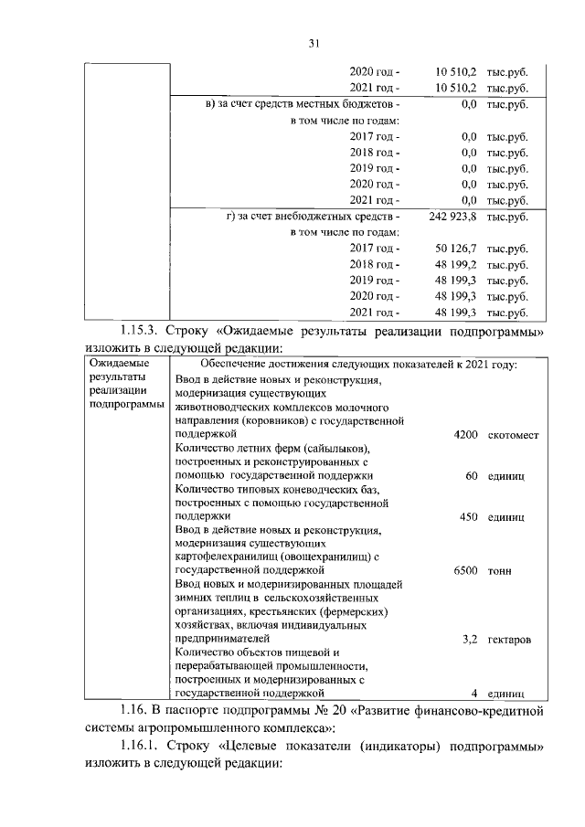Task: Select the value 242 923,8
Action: click(452, 217)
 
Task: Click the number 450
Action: click(469, 516)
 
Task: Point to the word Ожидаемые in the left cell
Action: click(121, 365)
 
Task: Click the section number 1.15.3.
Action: click(142, 330)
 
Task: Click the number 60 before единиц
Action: click(472, 476)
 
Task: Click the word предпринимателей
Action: click(221, 638)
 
